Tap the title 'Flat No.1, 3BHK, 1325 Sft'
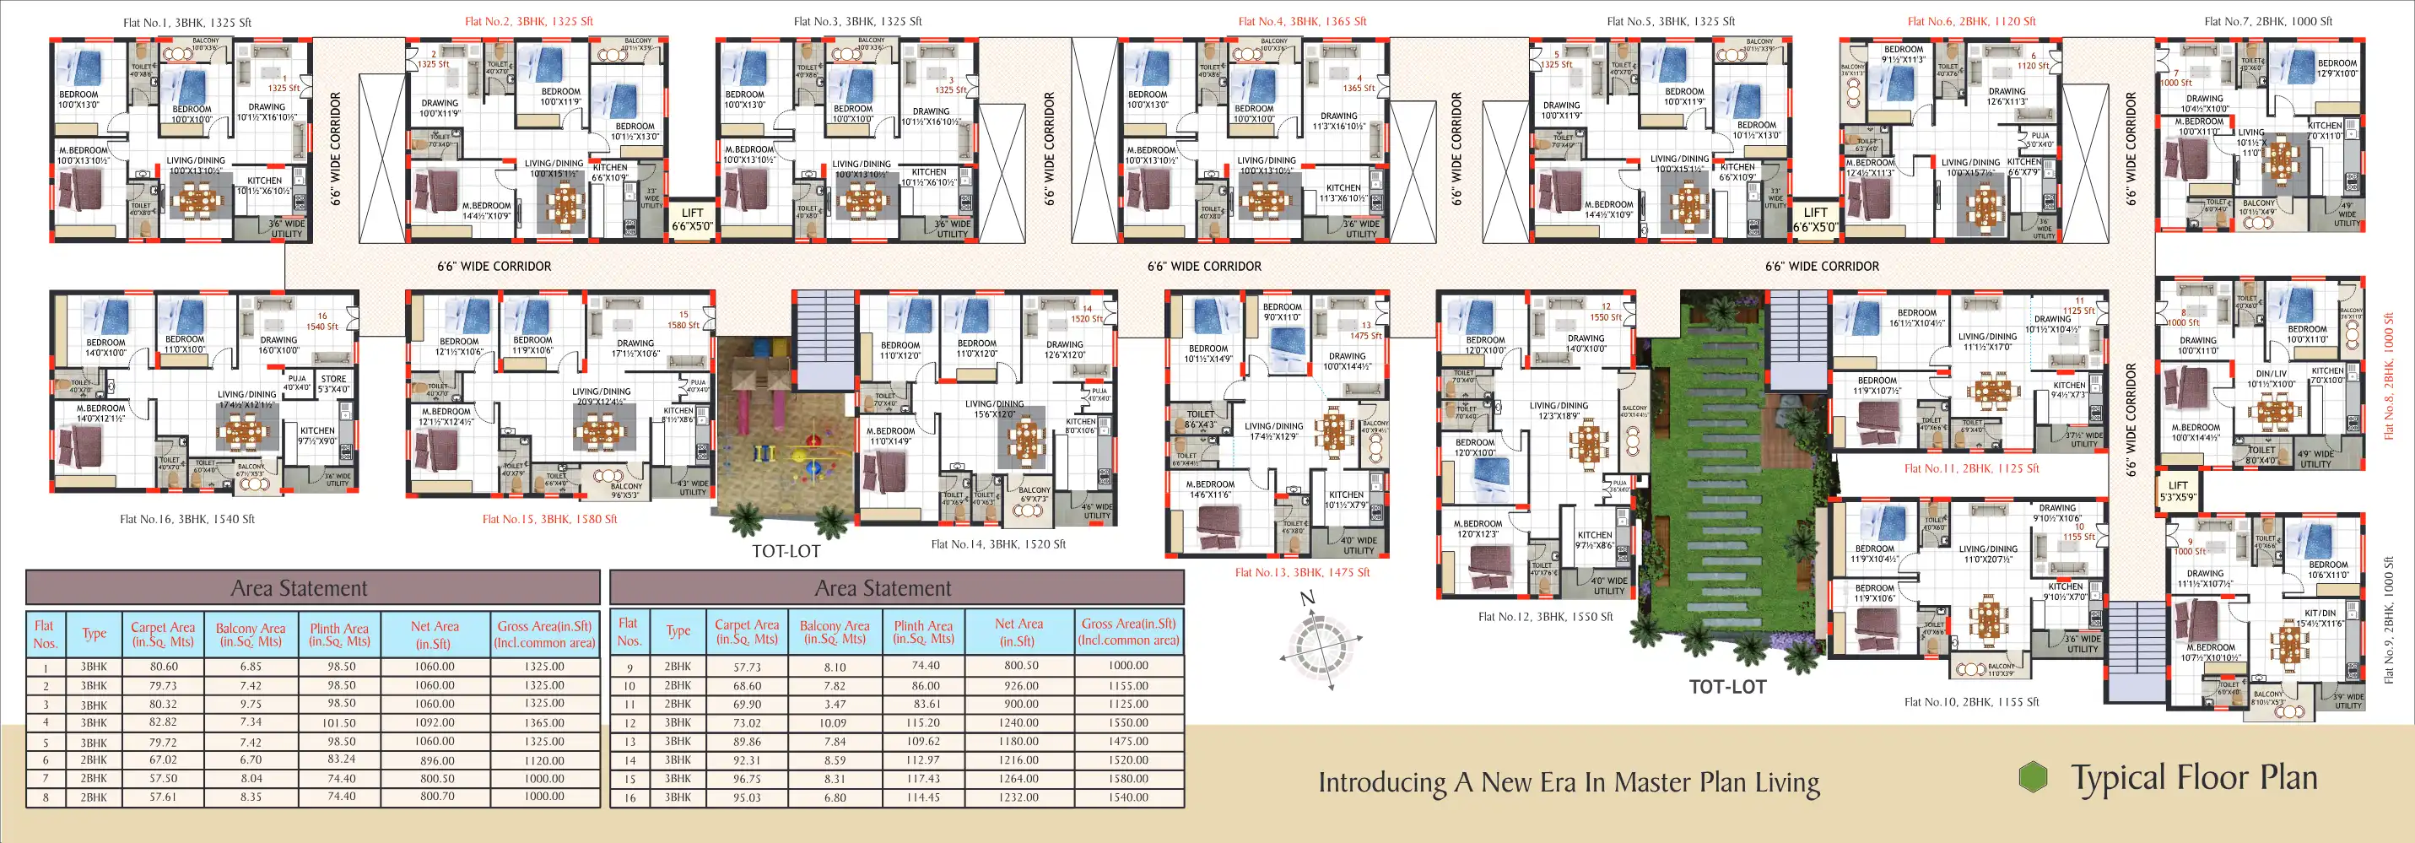click(x=187, y=22)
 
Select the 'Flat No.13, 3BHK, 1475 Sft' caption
click(x=1301, y=572)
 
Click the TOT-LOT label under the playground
click(x=786, y=551)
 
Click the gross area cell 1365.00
click(x=543, y=723)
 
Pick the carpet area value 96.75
click(x=747, y=778)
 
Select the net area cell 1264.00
click(x=1019, y=778)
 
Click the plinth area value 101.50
click(x=339, y=723)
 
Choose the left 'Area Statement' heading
click(x=299, y=588)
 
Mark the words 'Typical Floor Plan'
click(x=2194, y=777)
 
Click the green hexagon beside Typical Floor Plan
click(x=2033, y=776)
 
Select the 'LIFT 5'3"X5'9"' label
click(x=2178, y=491)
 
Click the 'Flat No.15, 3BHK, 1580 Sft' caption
click(x=549, y=519)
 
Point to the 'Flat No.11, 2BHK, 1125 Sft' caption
click(x=1970, y=468)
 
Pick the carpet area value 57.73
click(x=747, y=667)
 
